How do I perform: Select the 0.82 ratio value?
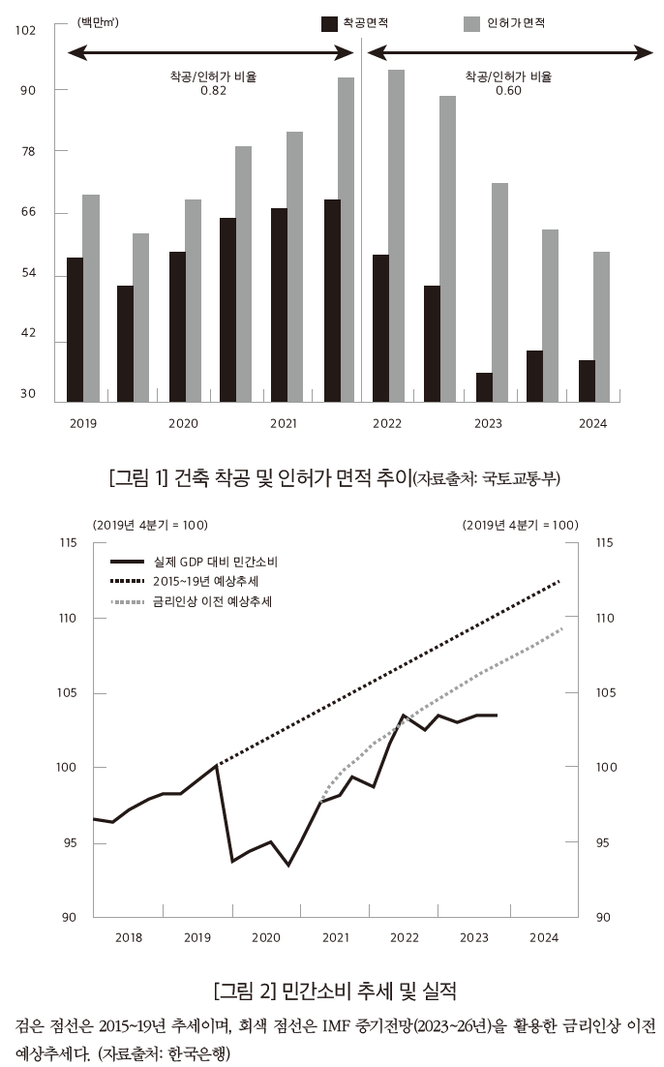point(213,91)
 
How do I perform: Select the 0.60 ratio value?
point(508,91)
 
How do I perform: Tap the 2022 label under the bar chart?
point(387,423)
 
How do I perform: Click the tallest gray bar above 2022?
point(396,232)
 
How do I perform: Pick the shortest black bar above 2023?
point(484,386)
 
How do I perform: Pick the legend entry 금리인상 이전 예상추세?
point(211,601)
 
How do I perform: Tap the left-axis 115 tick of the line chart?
point(67,543)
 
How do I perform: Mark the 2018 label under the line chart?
point(129,937)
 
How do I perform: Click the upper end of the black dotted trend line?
point(559,581)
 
